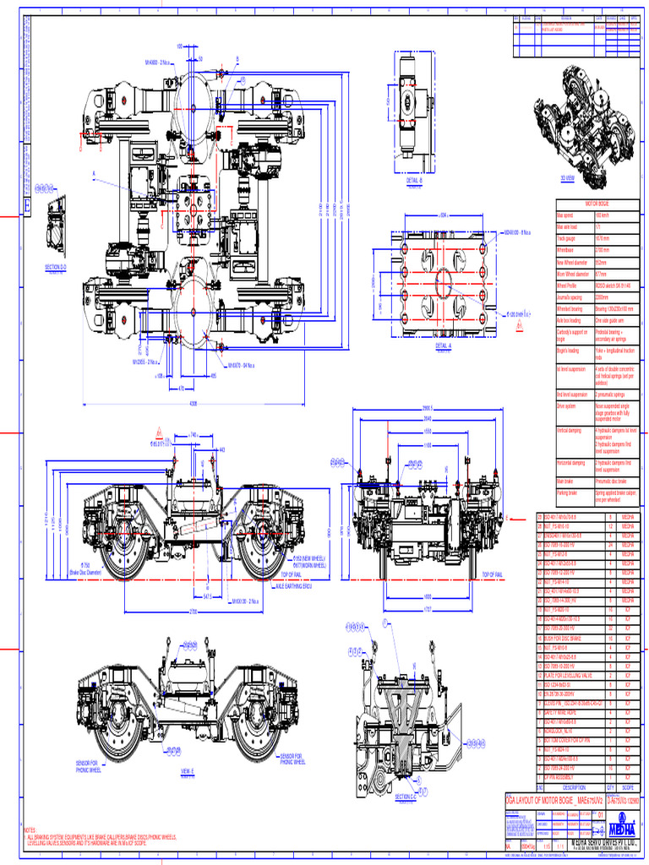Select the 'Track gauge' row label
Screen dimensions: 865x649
click(x=567, y=238)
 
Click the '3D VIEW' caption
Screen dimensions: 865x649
click(x=568, y=179)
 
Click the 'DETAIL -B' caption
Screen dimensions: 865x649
click(x=414, y=181)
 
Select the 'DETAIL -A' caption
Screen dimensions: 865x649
click(x=443, y=345)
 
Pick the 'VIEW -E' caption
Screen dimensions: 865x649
click(x=187, y=771)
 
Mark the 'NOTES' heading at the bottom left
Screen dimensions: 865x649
click(x=30, y=830)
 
